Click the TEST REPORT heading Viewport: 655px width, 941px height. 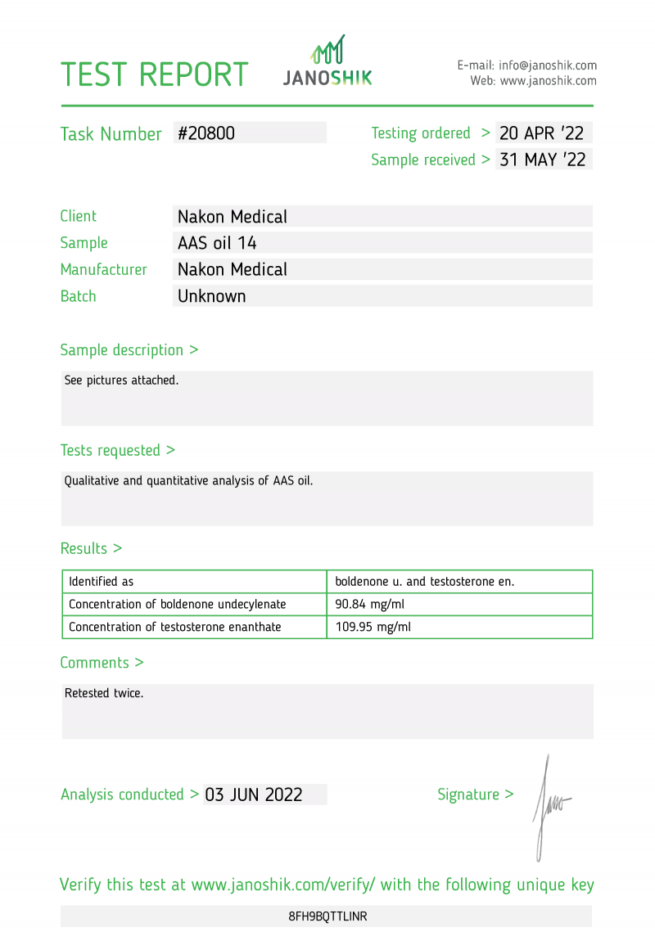(154, 74)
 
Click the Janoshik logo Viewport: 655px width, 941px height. (327, 61)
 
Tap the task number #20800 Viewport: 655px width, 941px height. (206, 133)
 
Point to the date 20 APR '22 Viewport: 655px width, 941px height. (542, 133)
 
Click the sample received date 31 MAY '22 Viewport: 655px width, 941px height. (542, 160)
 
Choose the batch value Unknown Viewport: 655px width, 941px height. (211, 296)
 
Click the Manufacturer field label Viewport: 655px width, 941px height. (103, 270)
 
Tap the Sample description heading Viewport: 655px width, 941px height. (129, 350)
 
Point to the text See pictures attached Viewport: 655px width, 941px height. (121, 380)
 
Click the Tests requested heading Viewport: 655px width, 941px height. (117, 451)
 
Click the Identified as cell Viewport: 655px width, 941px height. (101, 582)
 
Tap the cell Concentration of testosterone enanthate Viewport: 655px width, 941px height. (174, 628)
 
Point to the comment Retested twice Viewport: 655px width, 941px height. (104, 693)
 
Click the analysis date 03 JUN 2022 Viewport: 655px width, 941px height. (254, 795)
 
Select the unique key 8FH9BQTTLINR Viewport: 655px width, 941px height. (327, 916)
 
